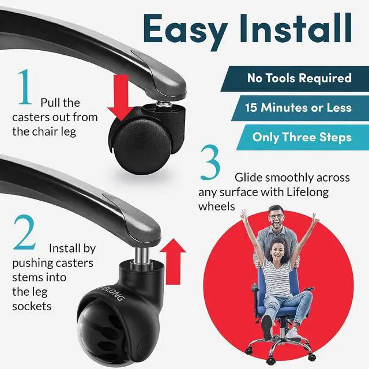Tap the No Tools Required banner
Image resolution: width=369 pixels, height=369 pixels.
click(x=295, y=78)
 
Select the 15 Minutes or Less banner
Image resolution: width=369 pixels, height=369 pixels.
click(x=300, y=108)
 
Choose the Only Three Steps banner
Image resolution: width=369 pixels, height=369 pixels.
click(x=303, y=137)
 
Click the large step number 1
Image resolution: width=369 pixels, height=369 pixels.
click(x=25, y=87)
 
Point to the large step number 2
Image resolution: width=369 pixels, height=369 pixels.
click(x=25, y=232)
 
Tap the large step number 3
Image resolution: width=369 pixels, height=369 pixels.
click(x=210, y=162)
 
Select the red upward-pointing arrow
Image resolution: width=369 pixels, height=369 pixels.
click(x=173, y=261)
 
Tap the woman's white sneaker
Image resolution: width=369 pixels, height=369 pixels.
click(x=293, y=334)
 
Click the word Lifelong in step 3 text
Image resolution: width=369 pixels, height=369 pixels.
click(x=307, y=192)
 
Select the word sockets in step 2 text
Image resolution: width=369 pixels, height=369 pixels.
click(x=32, y=306)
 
